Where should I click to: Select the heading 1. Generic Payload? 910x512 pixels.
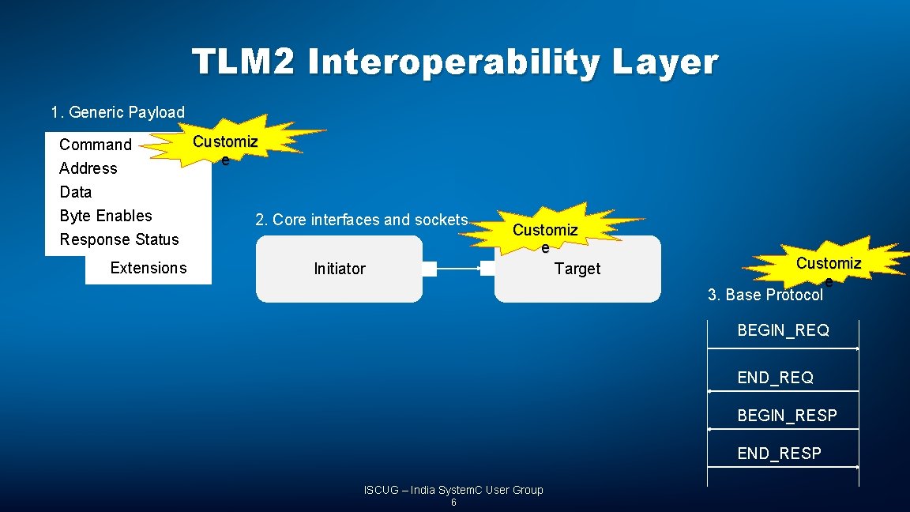[x=118, y=112]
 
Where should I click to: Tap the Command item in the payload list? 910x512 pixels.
[x=96, y=145]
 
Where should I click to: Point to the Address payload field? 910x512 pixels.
[x=88, y=168]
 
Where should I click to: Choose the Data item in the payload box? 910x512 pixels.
[x=75, y=192]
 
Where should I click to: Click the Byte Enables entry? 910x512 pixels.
[x=105, y=216]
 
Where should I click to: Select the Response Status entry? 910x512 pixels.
[x=119, y=239]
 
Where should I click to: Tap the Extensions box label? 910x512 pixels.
[x=149, y=268]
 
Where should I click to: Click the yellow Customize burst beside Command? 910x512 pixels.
[x=229, y=144]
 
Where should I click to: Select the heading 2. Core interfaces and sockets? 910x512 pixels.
[x=361, y=220]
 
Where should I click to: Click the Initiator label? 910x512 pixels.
[x=340, y=269]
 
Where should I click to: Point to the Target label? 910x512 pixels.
[x=577, y=269]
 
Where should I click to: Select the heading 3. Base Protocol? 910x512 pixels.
[x=765, y=295]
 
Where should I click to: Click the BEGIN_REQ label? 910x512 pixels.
[x=783, y=330]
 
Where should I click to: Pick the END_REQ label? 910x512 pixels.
[x=775, y=378]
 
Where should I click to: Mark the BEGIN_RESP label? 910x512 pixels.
[x=787, y=416]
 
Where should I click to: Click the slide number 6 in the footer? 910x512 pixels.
[x=453, y=503]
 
